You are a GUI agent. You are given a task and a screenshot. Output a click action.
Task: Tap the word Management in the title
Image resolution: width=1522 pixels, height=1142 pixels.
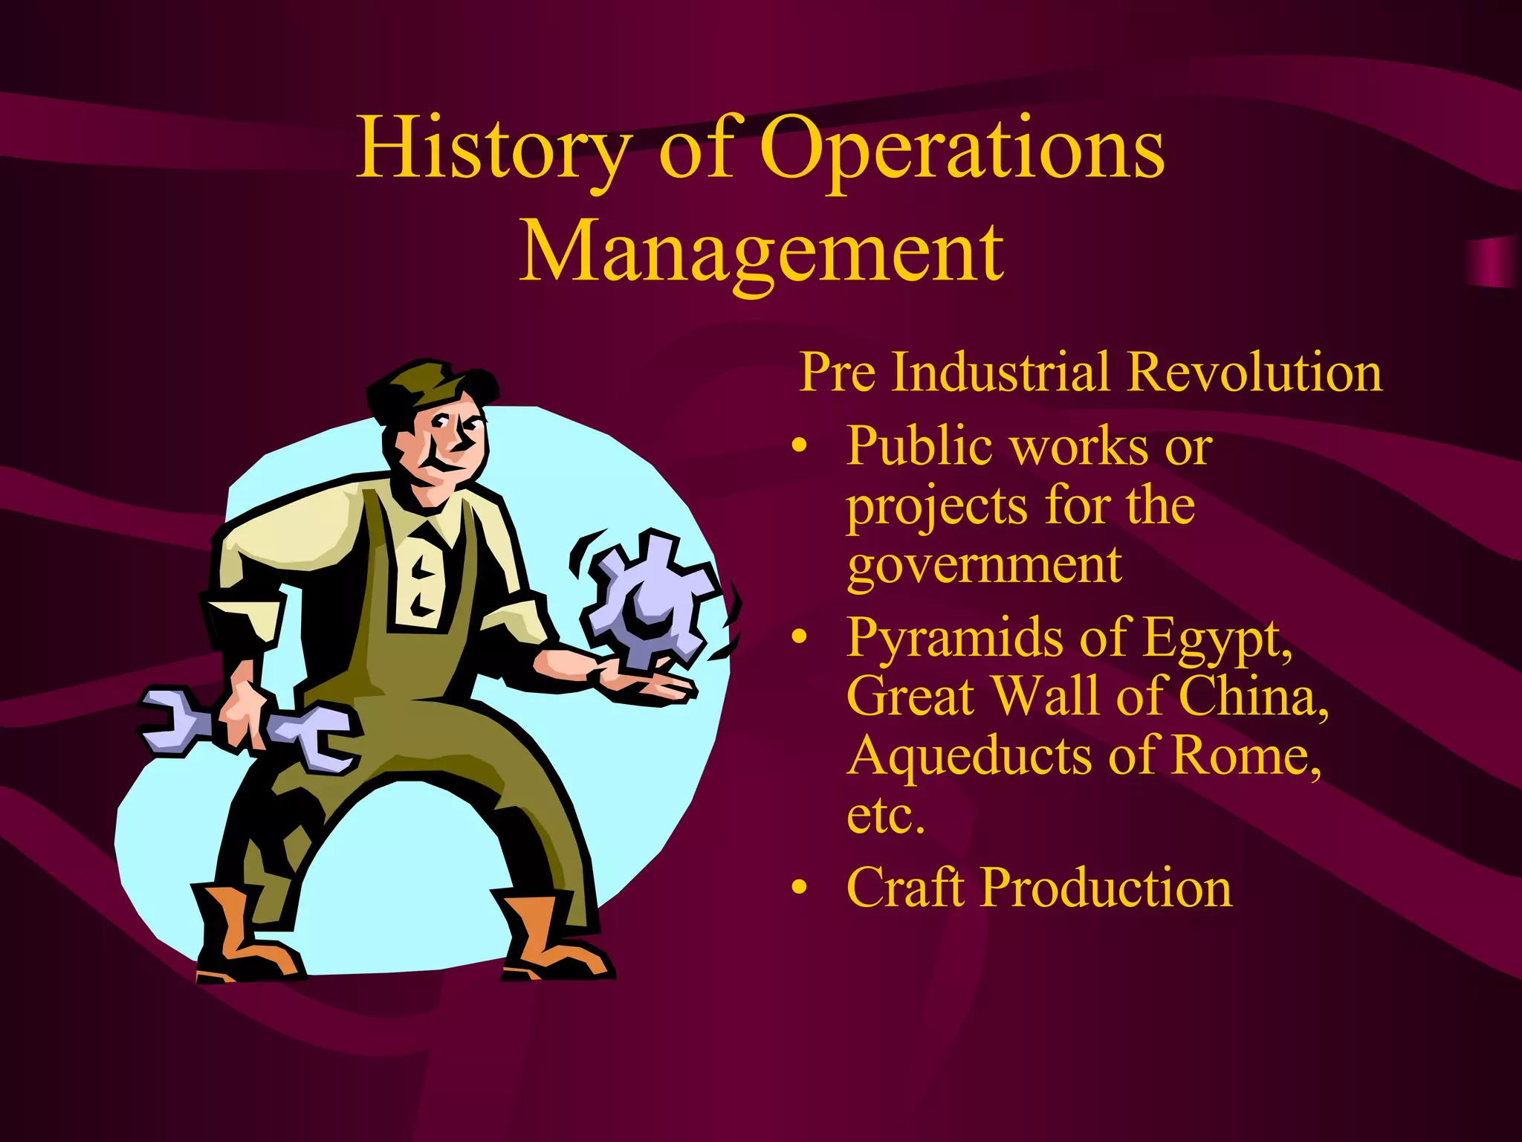(x=761, y=253)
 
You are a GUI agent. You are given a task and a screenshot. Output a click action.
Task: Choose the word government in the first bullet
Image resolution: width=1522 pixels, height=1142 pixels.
(x=984, y=567)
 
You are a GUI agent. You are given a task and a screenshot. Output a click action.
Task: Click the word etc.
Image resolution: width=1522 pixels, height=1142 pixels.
(x=885, y=816)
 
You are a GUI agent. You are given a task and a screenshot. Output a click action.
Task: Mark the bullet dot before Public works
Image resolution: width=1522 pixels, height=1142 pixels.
(x=799, y=447)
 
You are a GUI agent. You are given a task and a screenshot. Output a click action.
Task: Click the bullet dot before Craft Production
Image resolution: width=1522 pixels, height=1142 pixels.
(x=799, y=888)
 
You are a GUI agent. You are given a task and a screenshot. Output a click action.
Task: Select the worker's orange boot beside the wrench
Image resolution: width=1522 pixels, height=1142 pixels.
(x=238, y=937)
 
